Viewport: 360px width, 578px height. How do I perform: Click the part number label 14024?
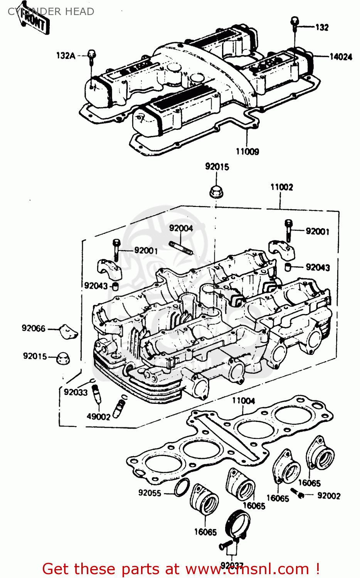340,57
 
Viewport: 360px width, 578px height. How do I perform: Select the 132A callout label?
66,55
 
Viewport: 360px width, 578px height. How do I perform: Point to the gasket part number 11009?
247,151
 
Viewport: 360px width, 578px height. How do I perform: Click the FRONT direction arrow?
34,22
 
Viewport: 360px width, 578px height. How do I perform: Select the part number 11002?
281,187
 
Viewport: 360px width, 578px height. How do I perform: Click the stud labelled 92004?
181,247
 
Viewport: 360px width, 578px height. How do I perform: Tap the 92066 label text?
33,328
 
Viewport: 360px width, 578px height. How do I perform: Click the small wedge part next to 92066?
69,332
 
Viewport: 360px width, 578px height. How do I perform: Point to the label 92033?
76,392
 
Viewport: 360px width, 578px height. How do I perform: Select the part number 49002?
98,417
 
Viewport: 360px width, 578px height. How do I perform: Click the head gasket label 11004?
243,401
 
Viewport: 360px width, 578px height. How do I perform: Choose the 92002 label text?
328,496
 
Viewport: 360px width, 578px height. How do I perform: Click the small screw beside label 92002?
298,493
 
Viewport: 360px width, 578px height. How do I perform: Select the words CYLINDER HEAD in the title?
51,12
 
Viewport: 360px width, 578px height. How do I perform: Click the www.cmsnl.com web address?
247,569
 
